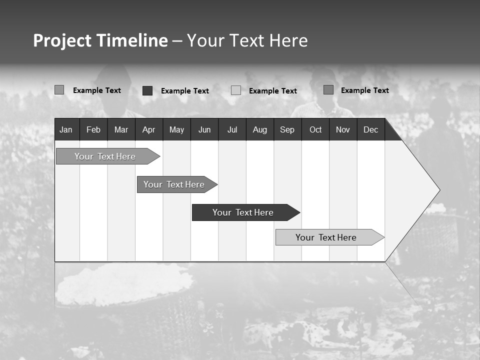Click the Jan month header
tap(66, 129)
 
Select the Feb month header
tap(93, 129)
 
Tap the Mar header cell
tap(121, 129)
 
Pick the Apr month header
tap(148, 129)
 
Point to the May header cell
tap(176, 129)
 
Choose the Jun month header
tap(204, 129)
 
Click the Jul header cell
tap(232, 129)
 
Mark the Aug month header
tap(260, 129)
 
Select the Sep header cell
tap(287, 129)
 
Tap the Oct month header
tap(315, 129)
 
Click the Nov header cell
tap(343, 129)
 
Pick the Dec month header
tap(371, 129)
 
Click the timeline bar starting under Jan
tap(105, 156)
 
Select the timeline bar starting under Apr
tap(174, 184)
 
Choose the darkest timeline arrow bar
tap(243, 212)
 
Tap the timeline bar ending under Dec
tap(326, 237)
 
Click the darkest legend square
tap(147, 90)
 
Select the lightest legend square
tap(236, 90)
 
